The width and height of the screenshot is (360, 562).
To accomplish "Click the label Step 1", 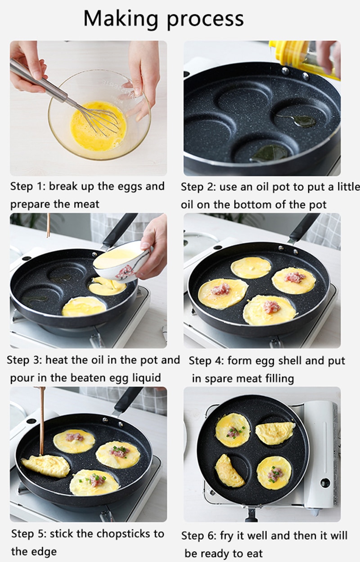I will tap(27, 187).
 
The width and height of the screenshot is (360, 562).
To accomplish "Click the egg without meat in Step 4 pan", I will tap(251, 268).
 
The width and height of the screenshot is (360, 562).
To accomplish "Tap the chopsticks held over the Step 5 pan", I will tap(42, 420).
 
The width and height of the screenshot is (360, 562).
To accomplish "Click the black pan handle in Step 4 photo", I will tap(306, 227).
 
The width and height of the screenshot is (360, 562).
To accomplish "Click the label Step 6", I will tap(199, 535).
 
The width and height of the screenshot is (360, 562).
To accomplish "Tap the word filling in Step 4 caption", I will tap(276, 379).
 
